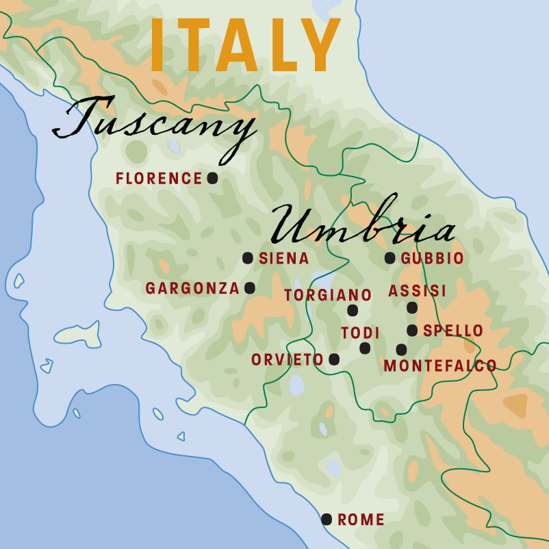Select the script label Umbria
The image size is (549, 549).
point(363,225)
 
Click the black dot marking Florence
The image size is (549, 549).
point(212,178)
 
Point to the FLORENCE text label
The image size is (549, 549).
point(159,179)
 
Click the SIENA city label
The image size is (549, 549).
point(284,259)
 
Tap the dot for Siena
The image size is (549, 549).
point(248,258)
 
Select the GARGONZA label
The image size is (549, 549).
point(192,289)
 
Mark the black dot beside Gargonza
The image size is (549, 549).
point(250,288)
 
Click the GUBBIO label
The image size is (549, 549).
point(432,259)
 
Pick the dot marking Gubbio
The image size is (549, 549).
point(390,258)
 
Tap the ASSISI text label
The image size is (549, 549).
point(417,292)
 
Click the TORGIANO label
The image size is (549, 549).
point(328,295)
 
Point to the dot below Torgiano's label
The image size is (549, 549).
point(353,310)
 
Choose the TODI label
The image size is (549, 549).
point(360,333)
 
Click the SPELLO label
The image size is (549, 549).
point(453,331)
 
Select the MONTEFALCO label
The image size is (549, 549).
point(440,366)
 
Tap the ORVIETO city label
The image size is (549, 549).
point(287,360)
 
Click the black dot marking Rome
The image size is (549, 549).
point(327,520)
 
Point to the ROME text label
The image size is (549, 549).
point(361,520)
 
